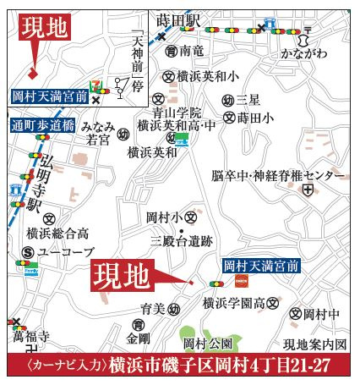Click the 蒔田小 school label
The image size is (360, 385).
tap(254, 118)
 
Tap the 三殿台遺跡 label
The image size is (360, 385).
tap(181, 241)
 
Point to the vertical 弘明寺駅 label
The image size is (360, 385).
tap(35, 182)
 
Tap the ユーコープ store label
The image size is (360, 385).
tap(63, 252)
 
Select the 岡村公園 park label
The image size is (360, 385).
tap(207, 344)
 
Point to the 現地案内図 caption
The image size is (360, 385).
tap(314, 344)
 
